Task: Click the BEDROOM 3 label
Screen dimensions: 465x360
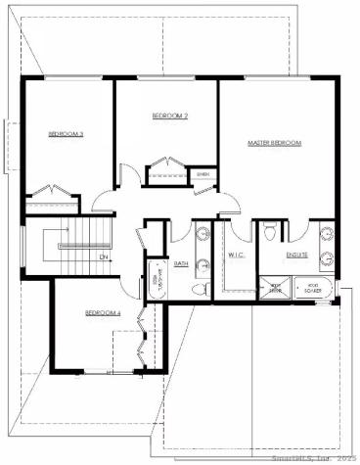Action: pyautogui.click(x=65, y=133)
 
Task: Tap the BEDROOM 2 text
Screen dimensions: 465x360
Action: pyautogui.click(x=169, y=116)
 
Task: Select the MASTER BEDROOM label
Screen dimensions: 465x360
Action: pyautogui.click(x=274, y=143)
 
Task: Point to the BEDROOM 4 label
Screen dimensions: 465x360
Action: pyautogui.click(x=103, y=312)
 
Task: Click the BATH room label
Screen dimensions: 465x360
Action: pyautogui.click(x=181, y=263)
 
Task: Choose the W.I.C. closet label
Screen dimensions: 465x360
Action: pyautogui.click(x=236, y=255)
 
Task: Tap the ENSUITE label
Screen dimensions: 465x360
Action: pyautogui.click(x=296, y=255)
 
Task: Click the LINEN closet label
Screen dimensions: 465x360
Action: pyautogui.click(x=202, y=175)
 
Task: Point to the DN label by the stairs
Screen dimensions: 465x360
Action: pyautogui.click(x=103, y=257)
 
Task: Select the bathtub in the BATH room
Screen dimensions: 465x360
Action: pyautogui.click(x=156, y=278)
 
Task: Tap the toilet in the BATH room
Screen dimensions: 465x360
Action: pyautogui.click(x=199, y=287)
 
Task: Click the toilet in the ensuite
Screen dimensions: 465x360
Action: pyautogui.click(x=269, y=232)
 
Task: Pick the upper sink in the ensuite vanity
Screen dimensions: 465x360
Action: pyautogui.click(x=328, y=236)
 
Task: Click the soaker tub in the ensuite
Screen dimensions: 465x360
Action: pyautogui.click(x=313, y=290)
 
